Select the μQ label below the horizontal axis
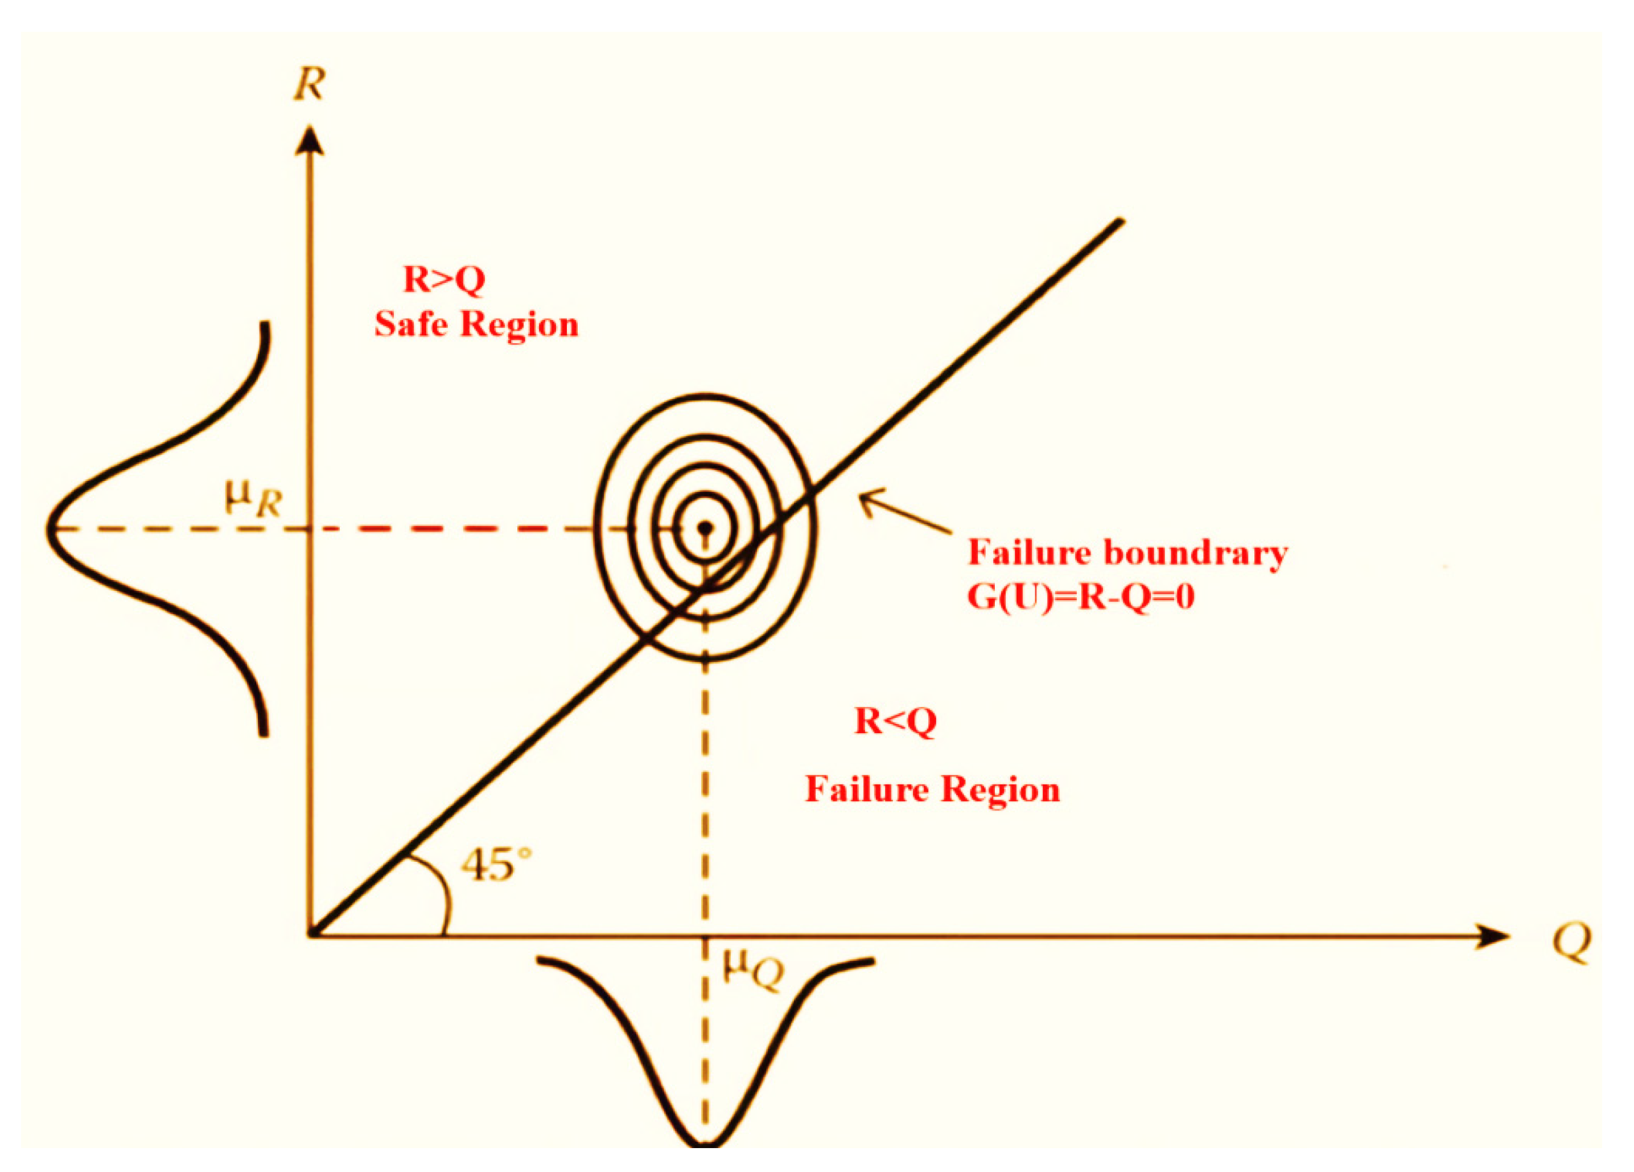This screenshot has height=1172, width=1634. [753, 974]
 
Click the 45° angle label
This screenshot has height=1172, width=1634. [496, 865]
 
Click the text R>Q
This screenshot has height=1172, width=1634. [444, 279]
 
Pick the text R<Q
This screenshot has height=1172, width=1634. [895, 721]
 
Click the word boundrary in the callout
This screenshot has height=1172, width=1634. [1195, 553]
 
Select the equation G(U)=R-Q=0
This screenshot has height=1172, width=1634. [1081, 598]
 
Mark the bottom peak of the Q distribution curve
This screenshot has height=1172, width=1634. [705, 1142]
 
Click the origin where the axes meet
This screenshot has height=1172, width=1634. [311, 935]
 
